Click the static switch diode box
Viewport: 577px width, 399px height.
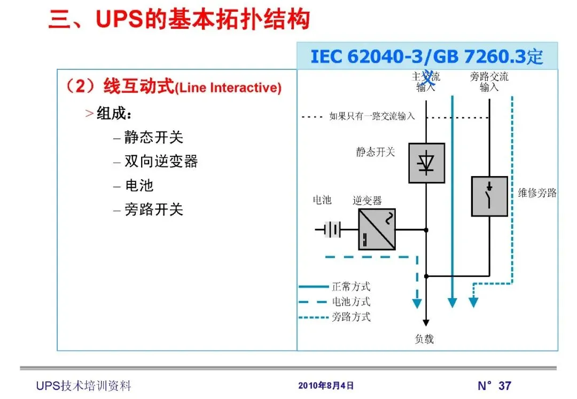pyautogui.click(x=426, y=163)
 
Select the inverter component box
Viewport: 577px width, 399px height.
pyautogui.click(x=377, y=229)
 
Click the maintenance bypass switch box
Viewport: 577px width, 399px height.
pyautogui.click(x=489, y=196)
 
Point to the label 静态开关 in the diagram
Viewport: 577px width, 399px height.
pyautogui.click(x=376, y=152)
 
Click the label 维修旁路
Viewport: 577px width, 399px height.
pyautogui.click(x=537, y=193)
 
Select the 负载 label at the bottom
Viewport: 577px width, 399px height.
pyautogui.click(x=425, y=339)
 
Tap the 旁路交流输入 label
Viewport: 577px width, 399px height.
pyautogui.click(x=489, y=82)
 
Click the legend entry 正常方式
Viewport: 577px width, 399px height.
pyautogui.click(x=351, y=288)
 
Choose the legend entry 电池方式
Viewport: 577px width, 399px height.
pyautogui.click(x=351, y=302)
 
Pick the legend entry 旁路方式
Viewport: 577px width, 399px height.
pyautogui.click(x=351, y=317)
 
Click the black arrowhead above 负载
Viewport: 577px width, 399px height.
pyautogui.click(x=426, y=322)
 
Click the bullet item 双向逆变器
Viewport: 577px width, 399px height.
pyautogui.click(x=161, y=161)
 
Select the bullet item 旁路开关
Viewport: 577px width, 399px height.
pyautogui.click(x=154, y=210)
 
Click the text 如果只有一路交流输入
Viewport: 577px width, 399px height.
pyautogui.click(x=372, y=116)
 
